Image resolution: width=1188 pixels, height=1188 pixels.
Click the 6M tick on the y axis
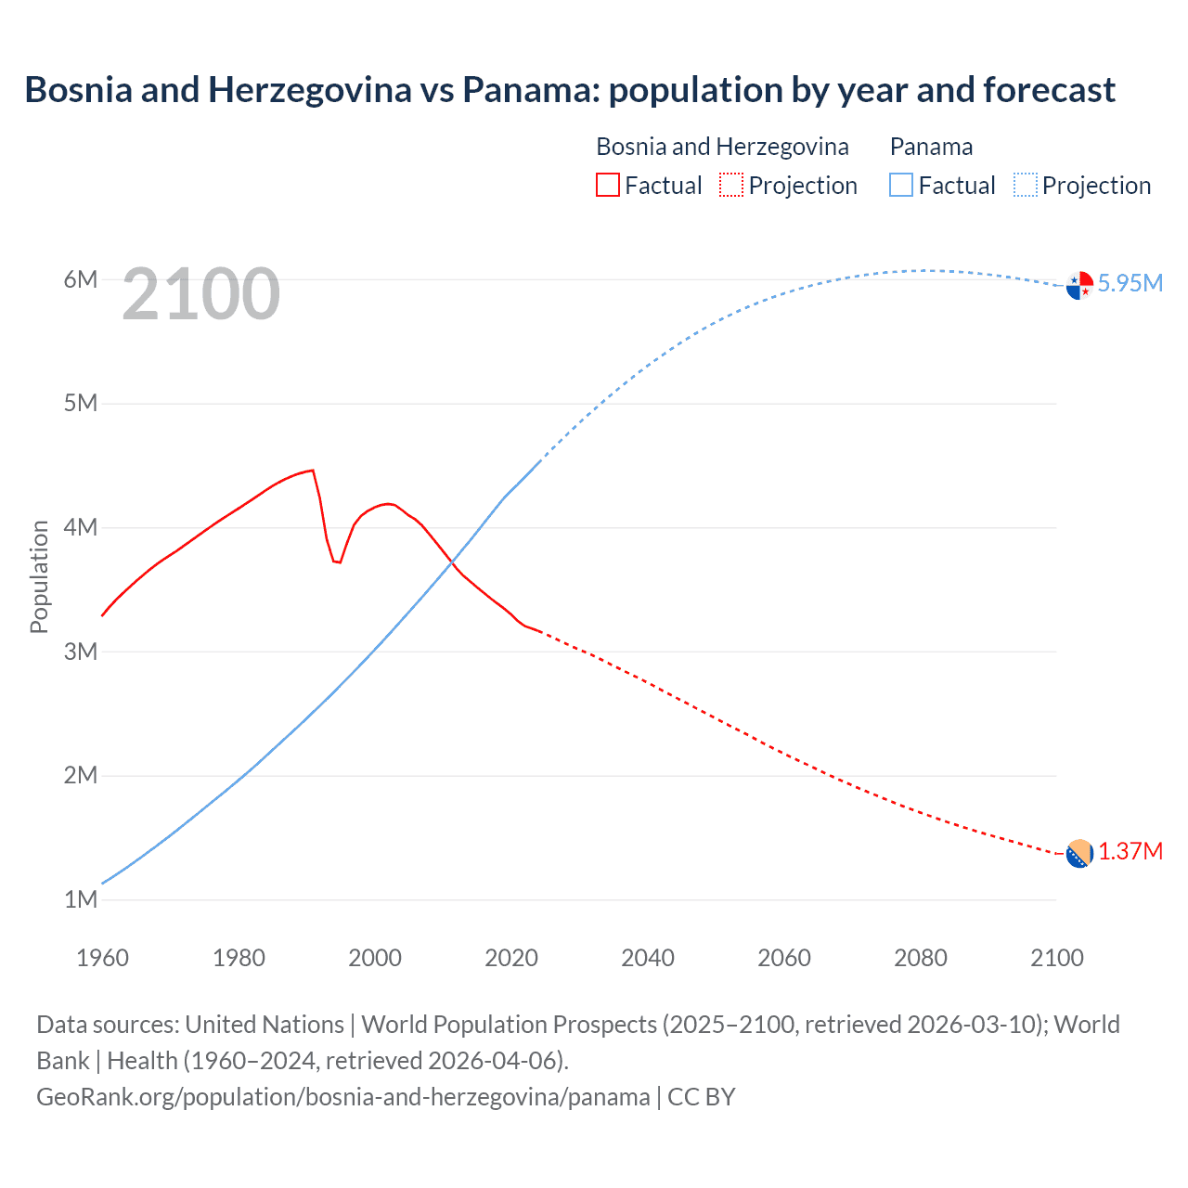(x=81, y=279)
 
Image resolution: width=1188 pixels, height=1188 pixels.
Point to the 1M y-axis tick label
(x=81, y=899)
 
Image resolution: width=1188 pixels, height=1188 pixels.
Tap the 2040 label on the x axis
(x=648, y=958)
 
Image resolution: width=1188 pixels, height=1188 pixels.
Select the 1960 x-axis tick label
(x=102, y=958)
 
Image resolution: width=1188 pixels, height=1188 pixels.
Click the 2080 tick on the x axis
(x=921, y=958)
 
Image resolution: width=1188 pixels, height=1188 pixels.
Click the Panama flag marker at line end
(x=1079, y=286)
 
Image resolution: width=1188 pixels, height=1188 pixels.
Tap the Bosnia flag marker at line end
(x=1079, y=854)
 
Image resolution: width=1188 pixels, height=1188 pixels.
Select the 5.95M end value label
(x=1130, y=283)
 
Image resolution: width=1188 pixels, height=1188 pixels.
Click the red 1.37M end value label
(x=1130, y=851)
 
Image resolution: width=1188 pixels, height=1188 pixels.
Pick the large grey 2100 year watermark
(x=200, y=294)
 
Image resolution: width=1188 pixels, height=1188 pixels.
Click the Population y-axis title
(x=39, y=576)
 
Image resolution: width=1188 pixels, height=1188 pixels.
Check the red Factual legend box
(x=607, y=185)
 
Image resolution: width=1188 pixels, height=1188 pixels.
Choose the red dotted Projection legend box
(x=731, y=185)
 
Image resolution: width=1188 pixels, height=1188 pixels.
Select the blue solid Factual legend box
(x=901, y=185)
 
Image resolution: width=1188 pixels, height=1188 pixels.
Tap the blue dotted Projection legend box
(x=1025, y=185)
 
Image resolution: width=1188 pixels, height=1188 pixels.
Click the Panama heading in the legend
(x=931, y=147)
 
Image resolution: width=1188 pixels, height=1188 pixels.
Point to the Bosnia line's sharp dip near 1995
(x=339, y=562)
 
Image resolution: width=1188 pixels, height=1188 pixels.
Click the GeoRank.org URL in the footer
(x=343, y=1097)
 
